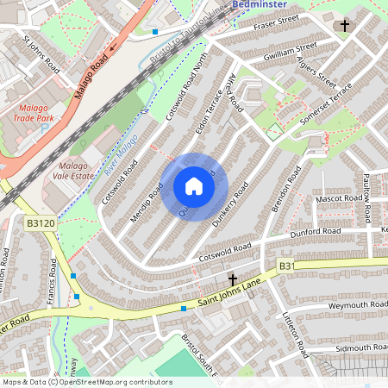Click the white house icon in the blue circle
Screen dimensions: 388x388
pyautogui.click(x=194, y=186)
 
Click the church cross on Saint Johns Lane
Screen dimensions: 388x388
pyautogui.click(x=233, y=280)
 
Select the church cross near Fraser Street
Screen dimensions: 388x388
pyautogui.click(x=345, y=26)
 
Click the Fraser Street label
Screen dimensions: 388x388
pyautogui.click(x=275, y=23)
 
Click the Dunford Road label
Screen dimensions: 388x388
pyautogui.click(x=315, y=231)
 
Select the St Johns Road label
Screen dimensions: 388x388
pyautogui.click(x=41, y=53)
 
